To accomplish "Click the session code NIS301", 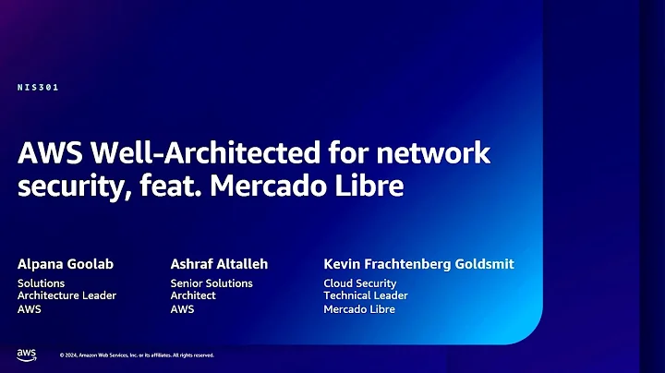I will click(x=38, y=88).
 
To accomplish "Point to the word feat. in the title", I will click(x=174, y=186).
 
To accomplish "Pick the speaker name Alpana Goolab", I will click(x=66, y=264).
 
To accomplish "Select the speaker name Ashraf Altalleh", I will click(x=220, y=264).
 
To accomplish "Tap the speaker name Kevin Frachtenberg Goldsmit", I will click(x=418, y=264).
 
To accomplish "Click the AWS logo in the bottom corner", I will click(x=26, y=355).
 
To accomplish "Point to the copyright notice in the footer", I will click(x=137, y=355).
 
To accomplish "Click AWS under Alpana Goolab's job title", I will click(x=30, y=309).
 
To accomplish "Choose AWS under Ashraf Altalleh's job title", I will click(x=182, y=309).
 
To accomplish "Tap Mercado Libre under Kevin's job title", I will click(x=359, y=309).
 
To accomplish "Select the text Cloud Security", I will click(x=360, y=283).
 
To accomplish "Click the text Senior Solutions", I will click(x=212, y=283).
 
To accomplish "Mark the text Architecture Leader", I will click(x=66, y=295).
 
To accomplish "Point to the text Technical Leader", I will click(x=366, y=295).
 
